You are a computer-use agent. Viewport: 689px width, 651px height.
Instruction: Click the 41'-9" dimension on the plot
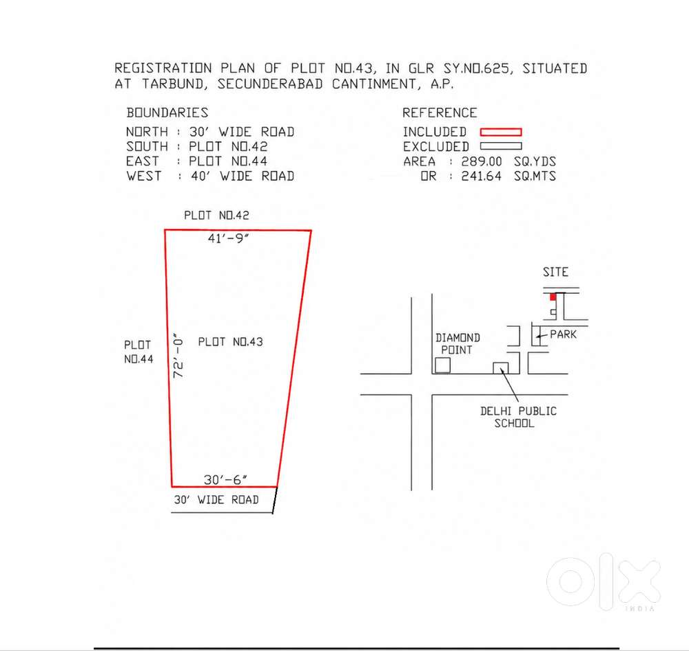(x=228, y=239)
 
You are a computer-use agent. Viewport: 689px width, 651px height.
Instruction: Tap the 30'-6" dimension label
(x=225, y=479)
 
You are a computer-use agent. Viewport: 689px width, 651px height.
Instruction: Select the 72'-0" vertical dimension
(x=178, y=355)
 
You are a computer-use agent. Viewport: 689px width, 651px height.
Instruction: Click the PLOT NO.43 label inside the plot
(x=230, y=342)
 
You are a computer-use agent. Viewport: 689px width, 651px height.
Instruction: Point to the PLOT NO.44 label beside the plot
(x=138, y=352)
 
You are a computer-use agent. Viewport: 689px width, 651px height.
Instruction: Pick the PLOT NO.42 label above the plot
(x=216, y=215)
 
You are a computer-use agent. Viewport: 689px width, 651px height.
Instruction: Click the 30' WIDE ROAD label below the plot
(x=216, y=500)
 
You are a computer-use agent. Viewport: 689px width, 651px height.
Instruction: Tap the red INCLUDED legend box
(x=501, y=132)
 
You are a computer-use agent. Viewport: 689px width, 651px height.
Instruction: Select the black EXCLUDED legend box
(x=501, y=146)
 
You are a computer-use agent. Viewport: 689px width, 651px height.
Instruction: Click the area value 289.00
(x=482, y=161)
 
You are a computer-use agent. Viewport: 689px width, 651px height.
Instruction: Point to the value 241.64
(x=481, y=176)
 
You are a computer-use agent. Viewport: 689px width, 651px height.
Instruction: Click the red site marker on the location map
(x=553, y=297)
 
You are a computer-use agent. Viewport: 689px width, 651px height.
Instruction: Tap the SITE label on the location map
(x=555, y=272)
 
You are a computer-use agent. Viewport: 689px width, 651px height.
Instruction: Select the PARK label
(x=564, y=334)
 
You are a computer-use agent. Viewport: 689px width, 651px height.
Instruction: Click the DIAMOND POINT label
(x=457, y=344)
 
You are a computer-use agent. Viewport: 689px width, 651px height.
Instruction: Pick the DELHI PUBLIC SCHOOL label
(x=518, y=417)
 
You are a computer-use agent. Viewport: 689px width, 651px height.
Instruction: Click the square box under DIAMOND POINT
(x=442, y=365)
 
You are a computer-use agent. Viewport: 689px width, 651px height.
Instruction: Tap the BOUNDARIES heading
(x=167, y=112)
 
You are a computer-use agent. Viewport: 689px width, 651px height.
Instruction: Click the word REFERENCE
(x=440, y=112)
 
